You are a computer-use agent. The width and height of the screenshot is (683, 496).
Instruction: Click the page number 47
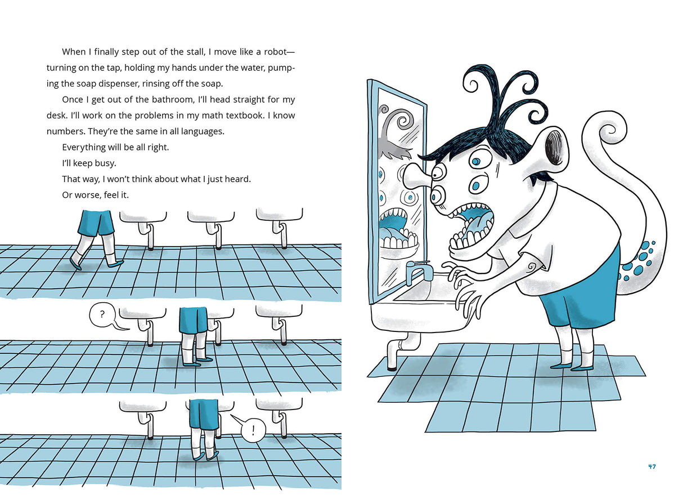[651, 466]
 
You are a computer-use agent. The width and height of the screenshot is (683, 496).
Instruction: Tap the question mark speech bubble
[102, 316]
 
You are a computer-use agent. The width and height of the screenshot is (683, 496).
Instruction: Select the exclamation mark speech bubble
[253, 431]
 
